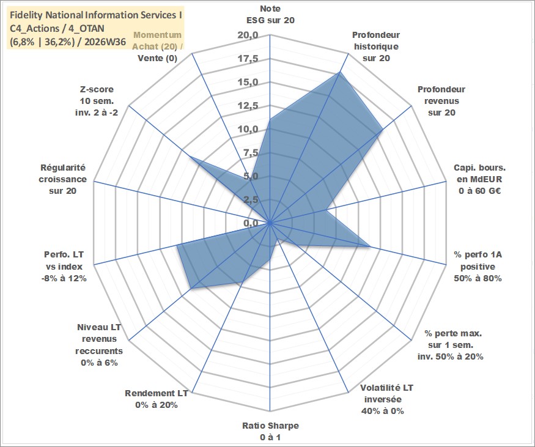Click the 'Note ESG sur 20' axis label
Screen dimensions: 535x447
coord(270,14)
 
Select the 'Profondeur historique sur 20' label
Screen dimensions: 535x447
coord(376,46)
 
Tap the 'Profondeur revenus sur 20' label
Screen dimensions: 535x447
coord(441,101)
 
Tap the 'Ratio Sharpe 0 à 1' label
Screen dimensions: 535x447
coord(270,431)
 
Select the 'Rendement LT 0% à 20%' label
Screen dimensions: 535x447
coord(157,399)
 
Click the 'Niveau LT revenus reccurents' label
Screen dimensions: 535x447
coord(99,345)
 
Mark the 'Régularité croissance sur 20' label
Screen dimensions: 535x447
coord(62,179)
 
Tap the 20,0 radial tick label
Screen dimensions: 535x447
coord(248,35)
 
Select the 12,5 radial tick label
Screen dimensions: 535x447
coord(248,106)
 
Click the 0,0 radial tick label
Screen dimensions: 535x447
coord(251,224)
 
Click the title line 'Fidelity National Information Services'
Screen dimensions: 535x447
coord(96,15)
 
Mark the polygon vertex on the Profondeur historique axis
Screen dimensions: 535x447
coord(340,72)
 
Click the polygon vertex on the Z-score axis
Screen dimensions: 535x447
coord(190,157)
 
